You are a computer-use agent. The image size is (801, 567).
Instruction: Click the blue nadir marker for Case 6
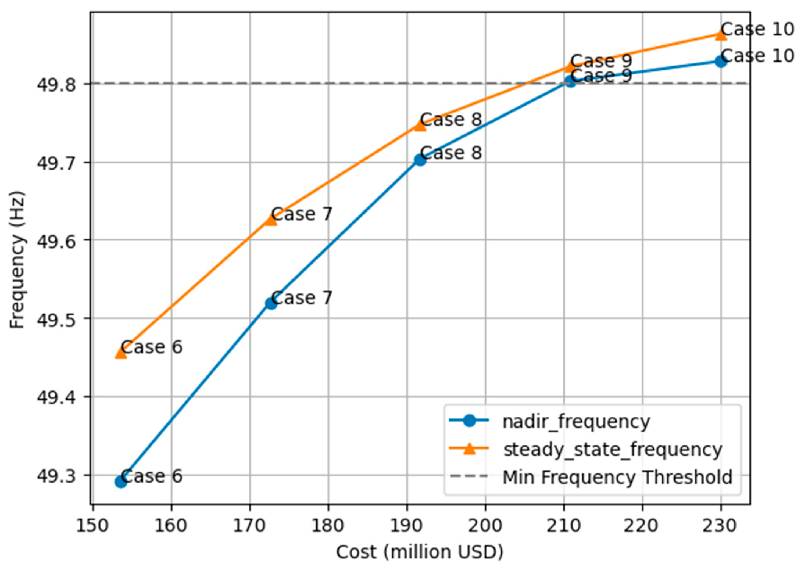click(120, 482)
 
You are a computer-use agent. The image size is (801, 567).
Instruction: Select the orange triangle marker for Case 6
click(120, 353)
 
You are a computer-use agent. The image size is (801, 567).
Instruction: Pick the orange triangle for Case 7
click(271, 220)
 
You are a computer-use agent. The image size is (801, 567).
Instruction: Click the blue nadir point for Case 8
click(420, 160)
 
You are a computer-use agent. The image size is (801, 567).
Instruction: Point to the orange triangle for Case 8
click(420, 125)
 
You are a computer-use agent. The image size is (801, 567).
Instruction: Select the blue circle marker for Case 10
click(721, 61)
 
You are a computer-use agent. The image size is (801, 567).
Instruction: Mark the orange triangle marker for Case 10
click(721, 34)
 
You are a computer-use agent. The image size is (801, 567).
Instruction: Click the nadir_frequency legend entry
click(576, 422)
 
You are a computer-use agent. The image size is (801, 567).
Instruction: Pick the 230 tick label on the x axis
click(721, 526)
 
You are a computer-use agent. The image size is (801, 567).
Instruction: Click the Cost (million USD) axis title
click(420, 552)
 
